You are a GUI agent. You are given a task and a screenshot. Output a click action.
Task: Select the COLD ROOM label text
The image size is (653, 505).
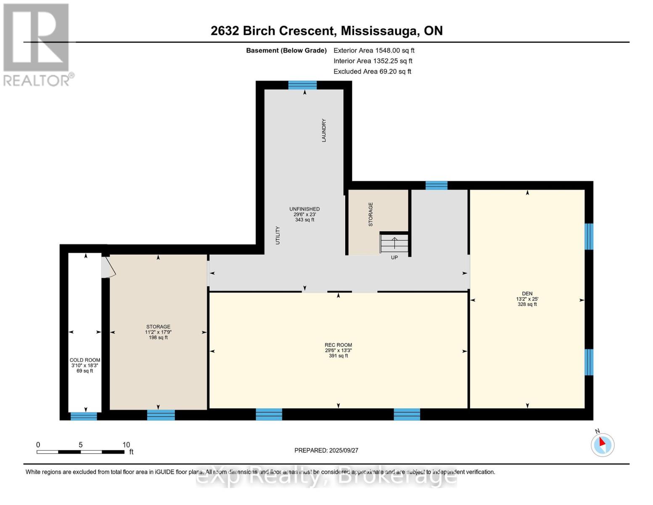point(85,360)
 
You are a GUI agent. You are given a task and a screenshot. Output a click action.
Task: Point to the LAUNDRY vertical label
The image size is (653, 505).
point(324,130)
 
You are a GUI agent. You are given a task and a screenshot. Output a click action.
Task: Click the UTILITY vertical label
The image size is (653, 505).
point(278,235)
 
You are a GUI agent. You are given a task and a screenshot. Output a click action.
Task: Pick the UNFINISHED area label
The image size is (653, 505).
point(304,209)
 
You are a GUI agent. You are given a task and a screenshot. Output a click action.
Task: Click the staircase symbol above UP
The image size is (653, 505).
point(394,243)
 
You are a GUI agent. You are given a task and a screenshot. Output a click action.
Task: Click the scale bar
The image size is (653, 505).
point(80,452)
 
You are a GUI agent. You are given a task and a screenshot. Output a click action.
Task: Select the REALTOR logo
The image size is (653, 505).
point(37,44)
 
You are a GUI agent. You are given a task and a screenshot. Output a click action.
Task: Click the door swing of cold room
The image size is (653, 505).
point(108,268)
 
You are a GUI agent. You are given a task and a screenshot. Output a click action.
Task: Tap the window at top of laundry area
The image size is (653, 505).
point(302,85)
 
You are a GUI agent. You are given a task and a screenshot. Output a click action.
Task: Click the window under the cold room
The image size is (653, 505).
point(84,416)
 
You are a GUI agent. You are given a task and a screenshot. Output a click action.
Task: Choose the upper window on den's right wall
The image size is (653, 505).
point(589,237)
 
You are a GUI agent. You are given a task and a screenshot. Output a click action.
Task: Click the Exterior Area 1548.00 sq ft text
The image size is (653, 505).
point(374,50)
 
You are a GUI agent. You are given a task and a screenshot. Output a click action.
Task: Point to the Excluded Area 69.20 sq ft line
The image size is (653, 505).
point(372,72)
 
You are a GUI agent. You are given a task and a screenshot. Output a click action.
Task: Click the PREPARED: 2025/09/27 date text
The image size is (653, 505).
point(326,450)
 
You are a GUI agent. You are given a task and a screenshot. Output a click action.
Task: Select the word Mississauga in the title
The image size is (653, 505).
point(379,31)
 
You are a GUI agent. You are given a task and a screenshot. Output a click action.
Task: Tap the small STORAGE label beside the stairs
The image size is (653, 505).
point(370,215)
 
